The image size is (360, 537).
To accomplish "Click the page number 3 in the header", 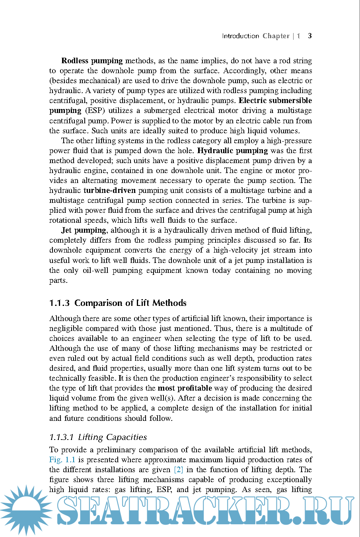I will [x=310, y=36].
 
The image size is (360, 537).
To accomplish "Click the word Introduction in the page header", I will [x=240, y=36].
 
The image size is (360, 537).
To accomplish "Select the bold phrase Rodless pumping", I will [x=92, y=61].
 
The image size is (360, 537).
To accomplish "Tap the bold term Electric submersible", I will [x=275, y=101].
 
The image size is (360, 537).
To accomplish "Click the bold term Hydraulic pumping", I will [x=232, y=151].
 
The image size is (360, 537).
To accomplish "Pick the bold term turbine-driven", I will [x=109, y=191].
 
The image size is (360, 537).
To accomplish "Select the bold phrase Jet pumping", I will [x=84, y=230].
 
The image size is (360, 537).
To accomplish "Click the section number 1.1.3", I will [x=59, y=303].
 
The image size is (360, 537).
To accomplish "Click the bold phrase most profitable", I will [x=185, y=388].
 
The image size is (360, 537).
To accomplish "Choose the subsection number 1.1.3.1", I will [x=61, y=437].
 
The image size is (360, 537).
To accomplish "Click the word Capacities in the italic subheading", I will [x=126, y=437].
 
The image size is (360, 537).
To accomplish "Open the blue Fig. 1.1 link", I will [x=62, y=460].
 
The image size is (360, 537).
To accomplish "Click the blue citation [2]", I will [x=179, y=470].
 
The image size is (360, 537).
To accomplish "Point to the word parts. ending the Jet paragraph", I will [x=58, y=280].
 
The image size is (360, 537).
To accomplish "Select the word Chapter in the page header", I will [x=276, y=36].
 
